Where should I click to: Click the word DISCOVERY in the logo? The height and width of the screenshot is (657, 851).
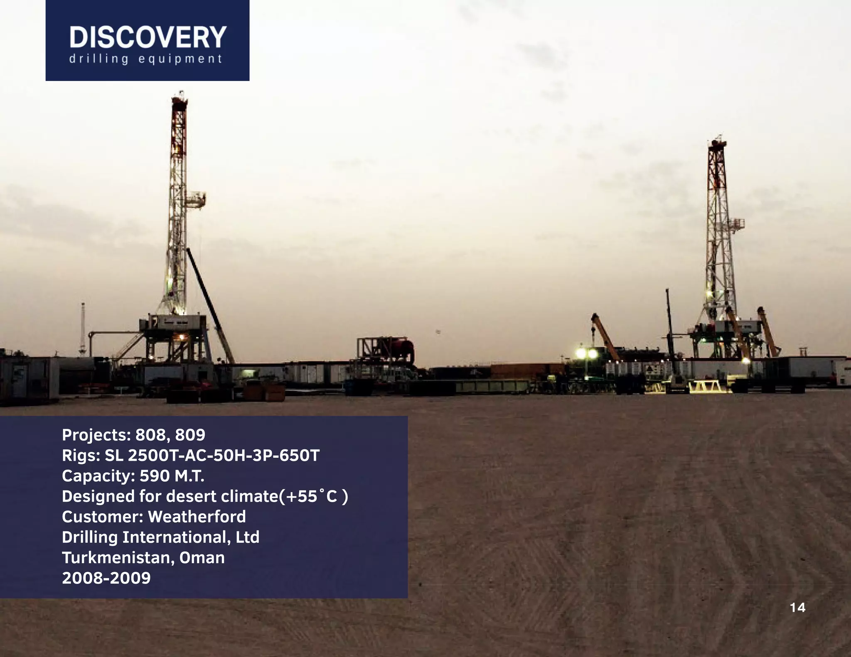point(148,37)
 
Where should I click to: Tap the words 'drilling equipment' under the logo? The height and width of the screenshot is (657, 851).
point(146,59)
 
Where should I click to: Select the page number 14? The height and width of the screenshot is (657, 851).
point(797,608)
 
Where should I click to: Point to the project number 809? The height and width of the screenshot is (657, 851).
point(190,435)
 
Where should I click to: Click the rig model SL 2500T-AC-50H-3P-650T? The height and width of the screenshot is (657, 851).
point(212,455)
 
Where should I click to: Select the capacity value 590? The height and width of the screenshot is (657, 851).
point(154,476)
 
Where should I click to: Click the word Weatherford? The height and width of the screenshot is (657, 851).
point(197,517)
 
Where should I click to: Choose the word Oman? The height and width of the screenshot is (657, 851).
point(202,557)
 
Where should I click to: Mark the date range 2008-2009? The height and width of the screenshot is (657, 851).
point(106,578)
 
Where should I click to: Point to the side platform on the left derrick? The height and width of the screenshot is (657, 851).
point(196,200)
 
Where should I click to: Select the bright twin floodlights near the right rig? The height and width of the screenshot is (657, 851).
point(586,353)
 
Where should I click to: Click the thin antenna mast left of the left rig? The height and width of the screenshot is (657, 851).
point(83,328)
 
